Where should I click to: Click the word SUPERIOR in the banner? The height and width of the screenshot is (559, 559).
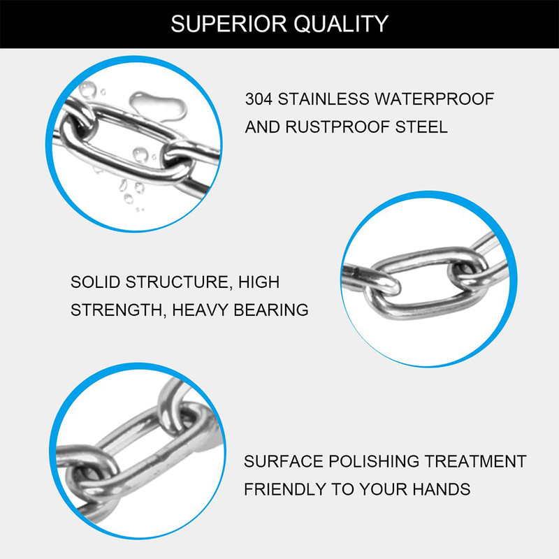tap(229, 24)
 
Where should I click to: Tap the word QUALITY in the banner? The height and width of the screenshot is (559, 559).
tap(341, 24)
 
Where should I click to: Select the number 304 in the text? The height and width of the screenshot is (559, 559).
tap(259, 99)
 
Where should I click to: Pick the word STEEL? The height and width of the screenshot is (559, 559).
tap(421, 127)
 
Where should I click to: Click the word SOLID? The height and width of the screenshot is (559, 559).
tap(95, 282)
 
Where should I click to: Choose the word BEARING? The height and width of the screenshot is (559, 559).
tap(271, 310)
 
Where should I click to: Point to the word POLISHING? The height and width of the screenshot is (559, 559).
tap(373, 461)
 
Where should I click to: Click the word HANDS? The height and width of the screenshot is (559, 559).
tap(442, 490)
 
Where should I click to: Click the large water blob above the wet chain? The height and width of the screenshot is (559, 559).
tap(158, 106)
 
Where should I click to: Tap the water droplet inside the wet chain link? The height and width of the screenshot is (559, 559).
tap(140, 154)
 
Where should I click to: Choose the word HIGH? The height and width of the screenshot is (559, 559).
tap(259, 282)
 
